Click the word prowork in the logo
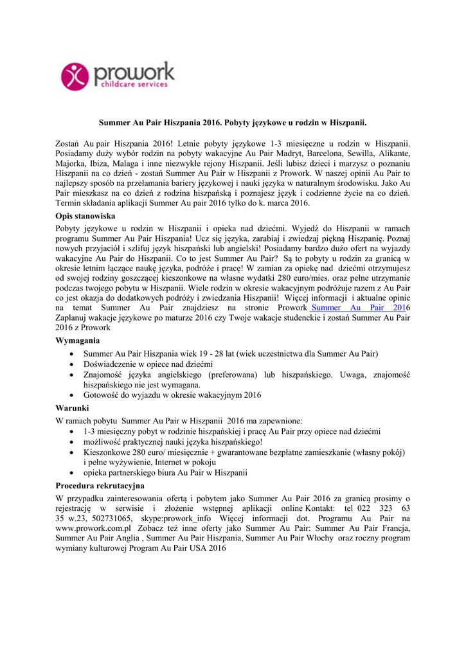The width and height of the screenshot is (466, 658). pyautogui.click(x=134, y=71)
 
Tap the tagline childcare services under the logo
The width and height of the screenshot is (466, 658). pyautogui.click(x=131, y=84)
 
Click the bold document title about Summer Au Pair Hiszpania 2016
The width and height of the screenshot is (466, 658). pyautogui.click(x=233, y=121)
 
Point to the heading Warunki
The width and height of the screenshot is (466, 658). pyautogui.click(x=72, y=408)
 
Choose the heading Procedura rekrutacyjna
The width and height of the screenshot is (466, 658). pyautogui.click(x=100, y=485)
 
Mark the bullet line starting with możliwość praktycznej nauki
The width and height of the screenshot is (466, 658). pyautogui.click(x=173, y=442)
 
